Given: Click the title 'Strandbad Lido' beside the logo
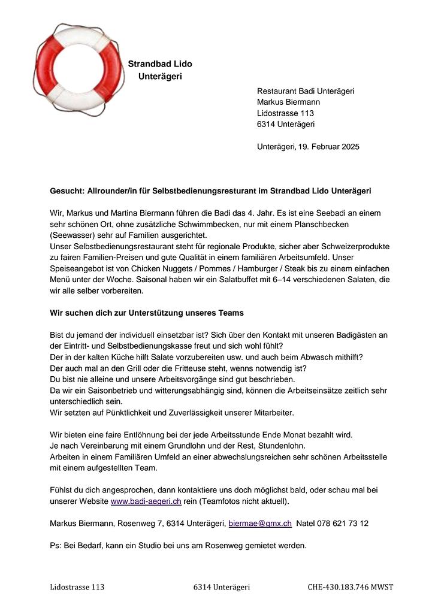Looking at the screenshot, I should click(160, 64).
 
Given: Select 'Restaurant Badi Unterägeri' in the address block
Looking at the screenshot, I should click(306, 91).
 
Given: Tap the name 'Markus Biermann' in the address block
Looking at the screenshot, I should click(288, 102).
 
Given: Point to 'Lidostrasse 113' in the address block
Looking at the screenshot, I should click(285, 113).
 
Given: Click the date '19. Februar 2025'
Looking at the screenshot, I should click(328, 147).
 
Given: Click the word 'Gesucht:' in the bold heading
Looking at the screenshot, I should click(67, 191).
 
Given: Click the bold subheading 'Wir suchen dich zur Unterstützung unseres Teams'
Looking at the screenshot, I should click(147, 313).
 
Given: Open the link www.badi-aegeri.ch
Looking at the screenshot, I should click(146, 501).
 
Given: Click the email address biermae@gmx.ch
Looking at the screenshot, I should click(260, 524).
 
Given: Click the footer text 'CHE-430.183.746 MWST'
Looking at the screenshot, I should click(351, 588).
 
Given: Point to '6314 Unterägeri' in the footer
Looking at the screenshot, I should click(221, 588).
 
